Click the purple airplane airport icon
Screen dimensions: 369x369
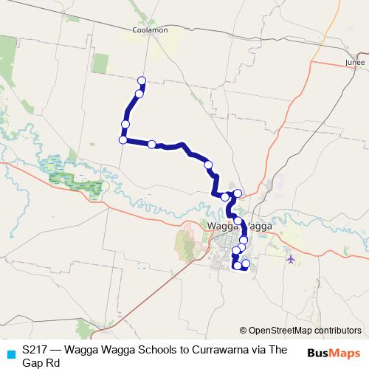[x=290, y=259]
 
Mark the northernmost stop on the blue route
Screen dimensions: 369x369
[x=142, y=80]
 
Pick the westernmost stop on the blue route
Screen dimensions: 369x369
[x=123, y=139]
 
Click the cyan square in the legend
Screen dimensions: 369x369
[x=10, y=354]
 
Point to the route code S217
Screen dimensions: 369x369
[x=36, y=349]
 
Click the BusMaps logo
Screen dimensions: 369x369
[x=334, y=352]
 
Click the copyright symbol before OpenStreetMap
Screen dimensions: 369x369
[x=244, y=331]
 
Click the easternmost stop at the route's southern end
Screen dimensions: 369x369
[x=246, y=264]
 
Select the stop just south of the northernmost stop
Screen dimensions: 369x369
[x=139, y=94]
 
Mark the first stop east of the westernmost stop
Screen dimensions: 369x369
[x=151, y=145]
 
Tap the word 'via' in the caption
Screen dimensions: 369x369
[x=252, y=349]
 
